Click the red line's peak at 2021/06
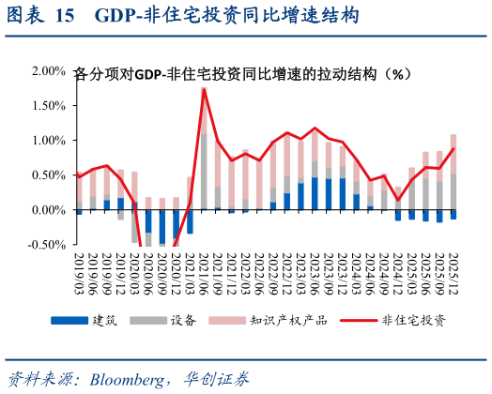[x=204, y=90]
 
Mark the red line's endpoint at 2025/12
[x=454, y=148]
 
